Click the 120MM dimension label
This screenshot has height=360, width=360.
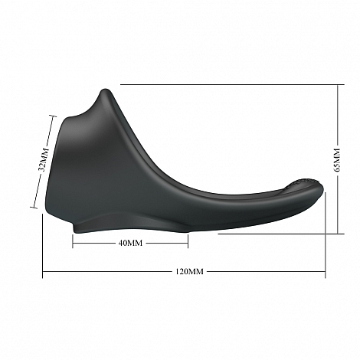click(189, 271)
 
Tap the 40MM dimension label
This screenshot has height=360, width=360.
click(130, 243)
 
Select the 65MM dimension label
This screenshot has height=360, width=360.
click(338, 159)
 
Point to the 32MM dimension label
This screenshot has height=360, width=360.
click(43, 159)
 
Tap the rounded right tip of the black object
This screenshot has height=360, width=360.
click(323, 188)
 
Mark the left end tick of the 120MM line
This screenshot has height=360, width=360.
click(43, 271)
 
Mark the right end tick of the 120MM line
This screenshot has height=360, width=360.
click(326, 271)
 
